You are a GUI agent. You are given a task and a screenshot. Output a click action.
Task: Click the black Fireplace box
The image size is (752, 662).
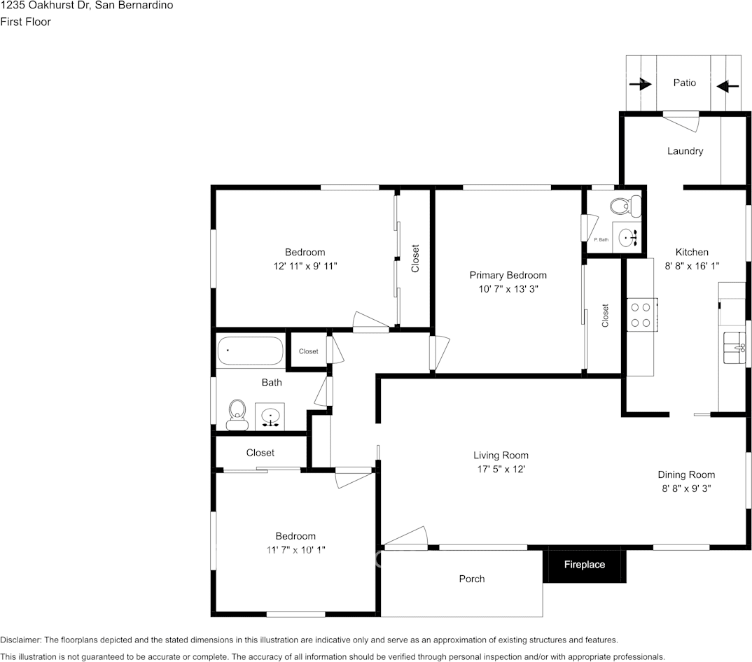point(584,565)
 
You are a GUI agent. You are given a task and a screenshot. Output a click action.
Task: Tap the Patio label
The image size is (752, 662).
point(684,83)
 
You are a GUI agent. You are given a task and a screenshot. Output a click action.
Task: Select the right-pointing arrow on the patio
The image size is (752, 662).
point(641,85)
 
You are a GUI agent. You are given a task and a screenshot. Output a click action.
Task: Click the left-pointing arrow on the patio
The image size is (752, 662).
point(728,86)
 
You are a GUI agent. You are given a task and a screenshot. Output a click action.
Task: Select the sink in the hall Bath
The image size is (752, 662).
point(270,417)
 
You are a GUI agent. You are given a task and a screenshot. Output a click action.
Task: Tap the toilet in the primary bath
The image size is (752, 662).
point(625,206)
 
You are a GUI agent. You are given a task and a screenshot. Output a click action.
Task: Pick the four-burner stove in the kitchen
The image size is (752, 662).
point(641,314)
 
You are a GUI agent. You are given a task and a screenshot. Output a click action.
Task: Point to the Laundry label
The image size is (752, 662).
point(685,151)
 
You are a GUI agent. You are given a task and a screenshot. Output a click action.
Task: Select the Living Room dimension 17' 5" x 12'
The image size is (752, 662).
point(500,469)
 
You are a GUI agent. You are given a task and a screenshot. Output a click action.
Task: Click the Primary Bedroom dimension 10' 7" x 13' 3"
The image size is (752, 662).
point(508,288)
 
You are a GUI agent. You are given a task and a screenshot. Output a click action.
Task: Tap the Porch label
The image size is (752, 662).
point(471,579)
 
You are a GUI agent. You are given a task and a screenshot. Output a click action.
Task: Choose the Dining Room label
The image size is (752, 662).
point(685,474)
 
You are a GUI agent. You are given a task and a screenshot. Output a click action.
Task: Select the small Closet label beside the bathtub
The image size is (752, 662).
point(308,351)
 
